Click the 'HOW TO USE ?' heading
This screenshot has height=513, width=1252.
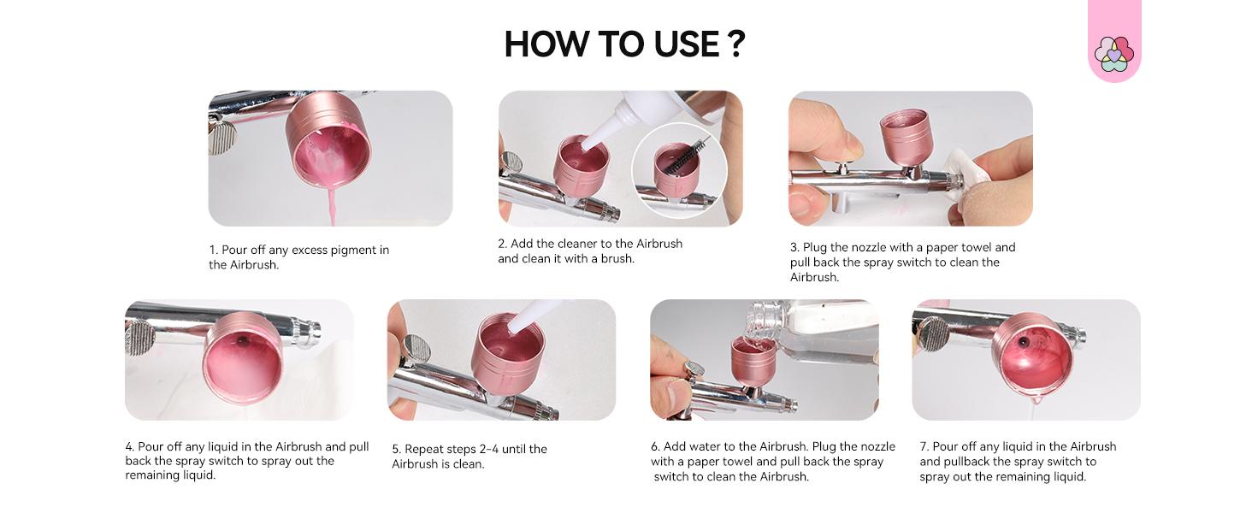[624, 44]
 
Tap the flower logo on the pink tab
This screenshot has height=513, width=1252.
[1113, 53]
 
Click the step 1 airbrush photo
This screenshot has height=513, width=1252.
[330, 158]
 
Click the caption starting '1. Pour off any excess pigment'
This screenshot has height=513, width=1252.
[298, 257]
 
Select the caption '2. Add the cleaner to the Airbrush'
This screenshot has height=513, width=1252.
[590, 251]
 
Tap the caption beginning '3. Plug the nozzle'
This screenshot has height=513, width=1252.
[902, 262]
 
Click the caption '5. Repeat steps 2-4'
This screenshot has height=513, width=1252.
[469, 457]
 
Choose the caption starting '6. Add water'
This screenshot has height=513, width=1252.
[772, 462]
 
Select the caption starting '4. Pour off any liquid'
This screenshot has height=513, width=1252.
[246, 461]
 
